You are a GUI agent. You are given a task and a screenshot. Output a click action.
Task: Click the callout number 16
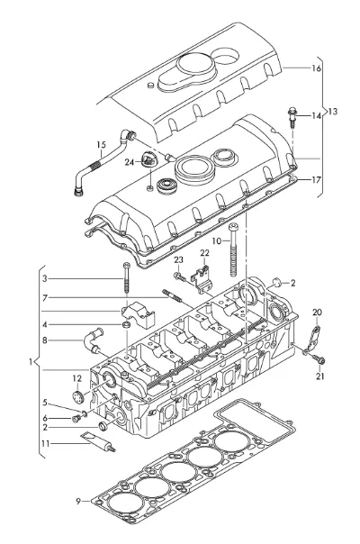point(316,68)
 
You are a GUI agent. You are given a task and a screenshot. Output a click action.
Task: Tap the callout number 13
point(332,112)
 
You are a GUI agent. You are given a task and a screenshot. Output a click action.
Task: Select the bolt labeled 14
point(292,118)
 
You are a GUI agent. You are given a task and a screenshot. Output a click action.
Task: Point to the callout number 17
point(316,180)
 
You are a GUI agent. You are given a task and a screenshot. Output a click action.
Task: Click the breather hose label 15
point(101,145)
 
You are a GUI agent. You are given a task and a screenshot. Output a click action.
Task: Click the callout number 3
point(44,278)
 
